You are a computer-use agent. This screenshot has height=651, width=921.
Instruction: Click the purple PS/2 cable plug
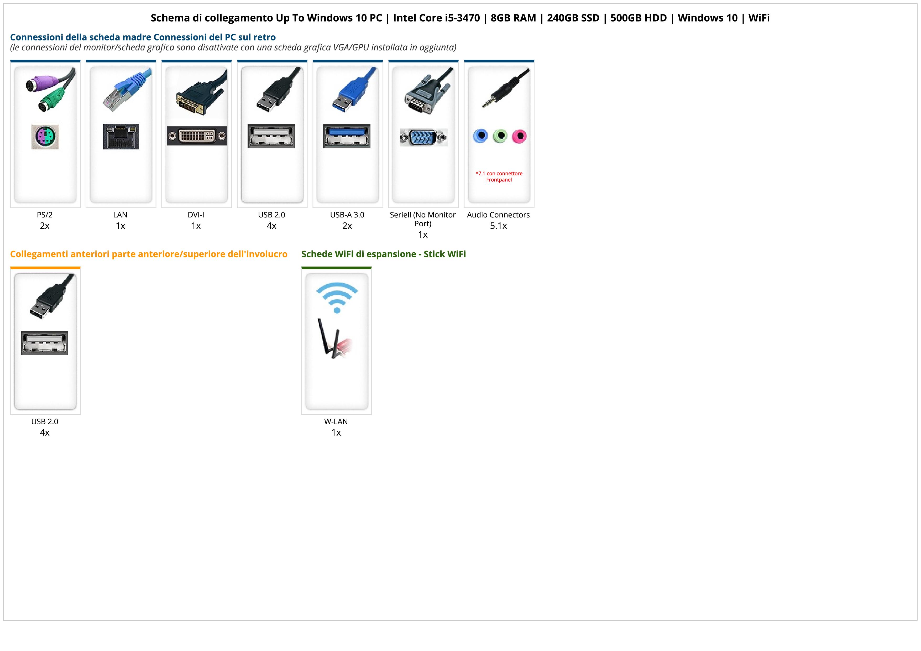[38, 85]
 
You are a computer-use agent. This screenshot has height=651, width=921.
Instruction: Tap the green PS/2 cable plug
[51, 101]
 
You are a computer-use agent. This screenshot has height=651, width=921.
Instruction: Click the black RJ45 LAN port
[121, 137]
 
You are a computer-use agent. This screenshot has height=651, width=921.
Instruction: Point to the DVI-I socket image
[197, 136]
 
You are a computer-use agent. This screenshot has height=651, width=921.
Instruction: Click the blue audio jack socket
[480, 136]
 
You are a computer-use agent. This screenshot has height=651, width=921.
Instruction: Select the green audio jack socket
[500, 136]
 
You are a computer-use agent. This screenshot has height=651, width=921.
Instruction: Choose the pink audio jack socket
[519, 136]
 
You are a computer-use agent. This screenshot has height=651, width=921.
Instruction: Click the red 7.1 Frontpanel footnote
[499, 176]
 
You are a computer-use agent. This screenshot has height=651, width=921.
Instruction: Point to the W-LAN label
[336, 421]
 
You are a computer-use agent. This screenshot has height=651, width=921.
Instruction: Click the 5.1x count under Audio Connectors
[498, 226]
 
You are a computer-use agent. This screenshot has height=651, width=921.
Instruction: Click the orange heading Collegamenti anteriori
[148, 254]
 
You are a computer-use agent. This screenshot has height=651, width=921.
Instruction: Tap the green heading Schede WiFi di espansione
[384, 254]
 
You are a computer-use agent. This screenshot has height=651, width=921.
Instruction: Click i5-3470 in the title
[463, 18]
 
